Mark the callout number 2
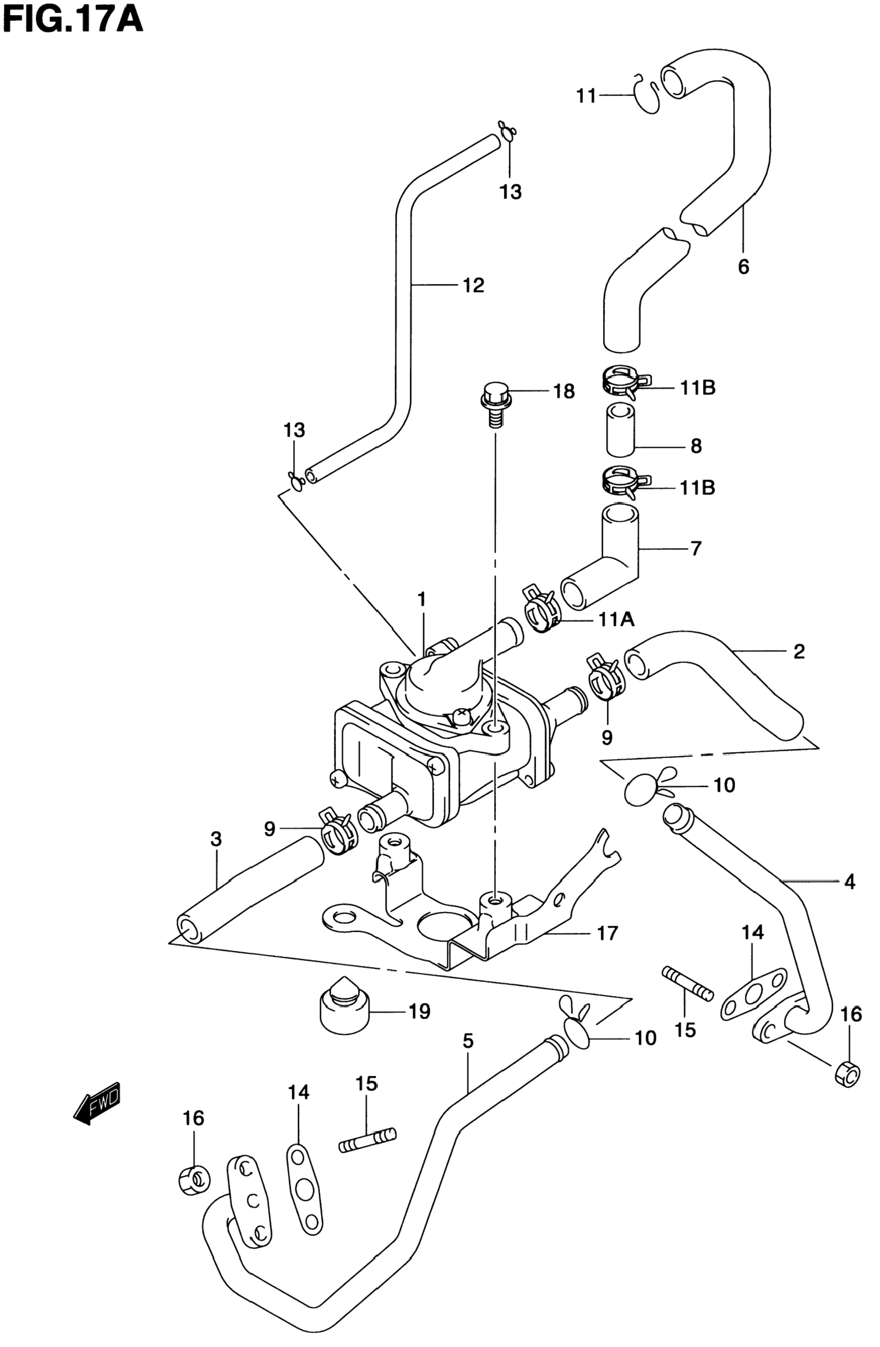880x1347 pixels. [x=799, y=651]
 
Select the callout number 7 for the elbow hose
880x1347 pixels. [x=696, y=548]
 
